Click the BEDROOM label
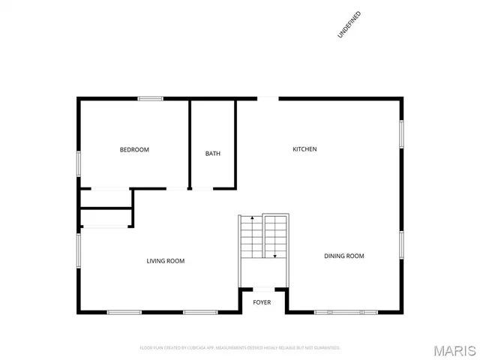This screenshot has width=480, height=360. (x=134, y=150)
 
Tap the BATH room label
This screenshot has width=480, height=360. (x=213, y=154)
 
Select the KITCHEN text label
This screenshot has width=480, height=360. (x=304, y=149)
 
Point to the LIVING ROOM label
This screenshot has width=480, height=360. (x=165, y=261)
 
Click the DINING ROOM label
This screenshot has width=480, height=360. (x=344, y=256)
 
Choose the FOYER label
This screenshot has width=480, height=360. (x=262, y=303)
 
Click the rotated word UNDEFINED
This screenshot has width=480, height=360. (x=349, y=24)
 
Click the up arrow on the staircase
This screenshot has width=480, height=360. (x=252, y=218)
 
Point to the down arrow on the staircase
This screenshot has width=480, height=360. (x=275, y=256)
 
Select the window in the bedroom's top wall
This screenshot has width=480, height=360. (x=151, y=98)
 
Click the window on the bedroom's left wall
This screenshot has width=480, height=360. (x=79, y=163)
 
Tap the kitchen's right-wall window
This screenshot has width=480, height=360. (x=402, y=133)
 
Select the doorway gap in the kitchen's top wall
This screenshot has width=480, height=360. (x=268, y=98)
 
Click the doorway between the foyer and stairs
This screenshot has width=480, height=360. (x=263, y=289)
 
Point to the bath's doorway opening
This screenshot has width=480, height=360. (x=214, y=188)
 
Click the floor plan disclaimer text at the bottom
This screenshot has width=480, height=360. (x=240, y=348)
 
